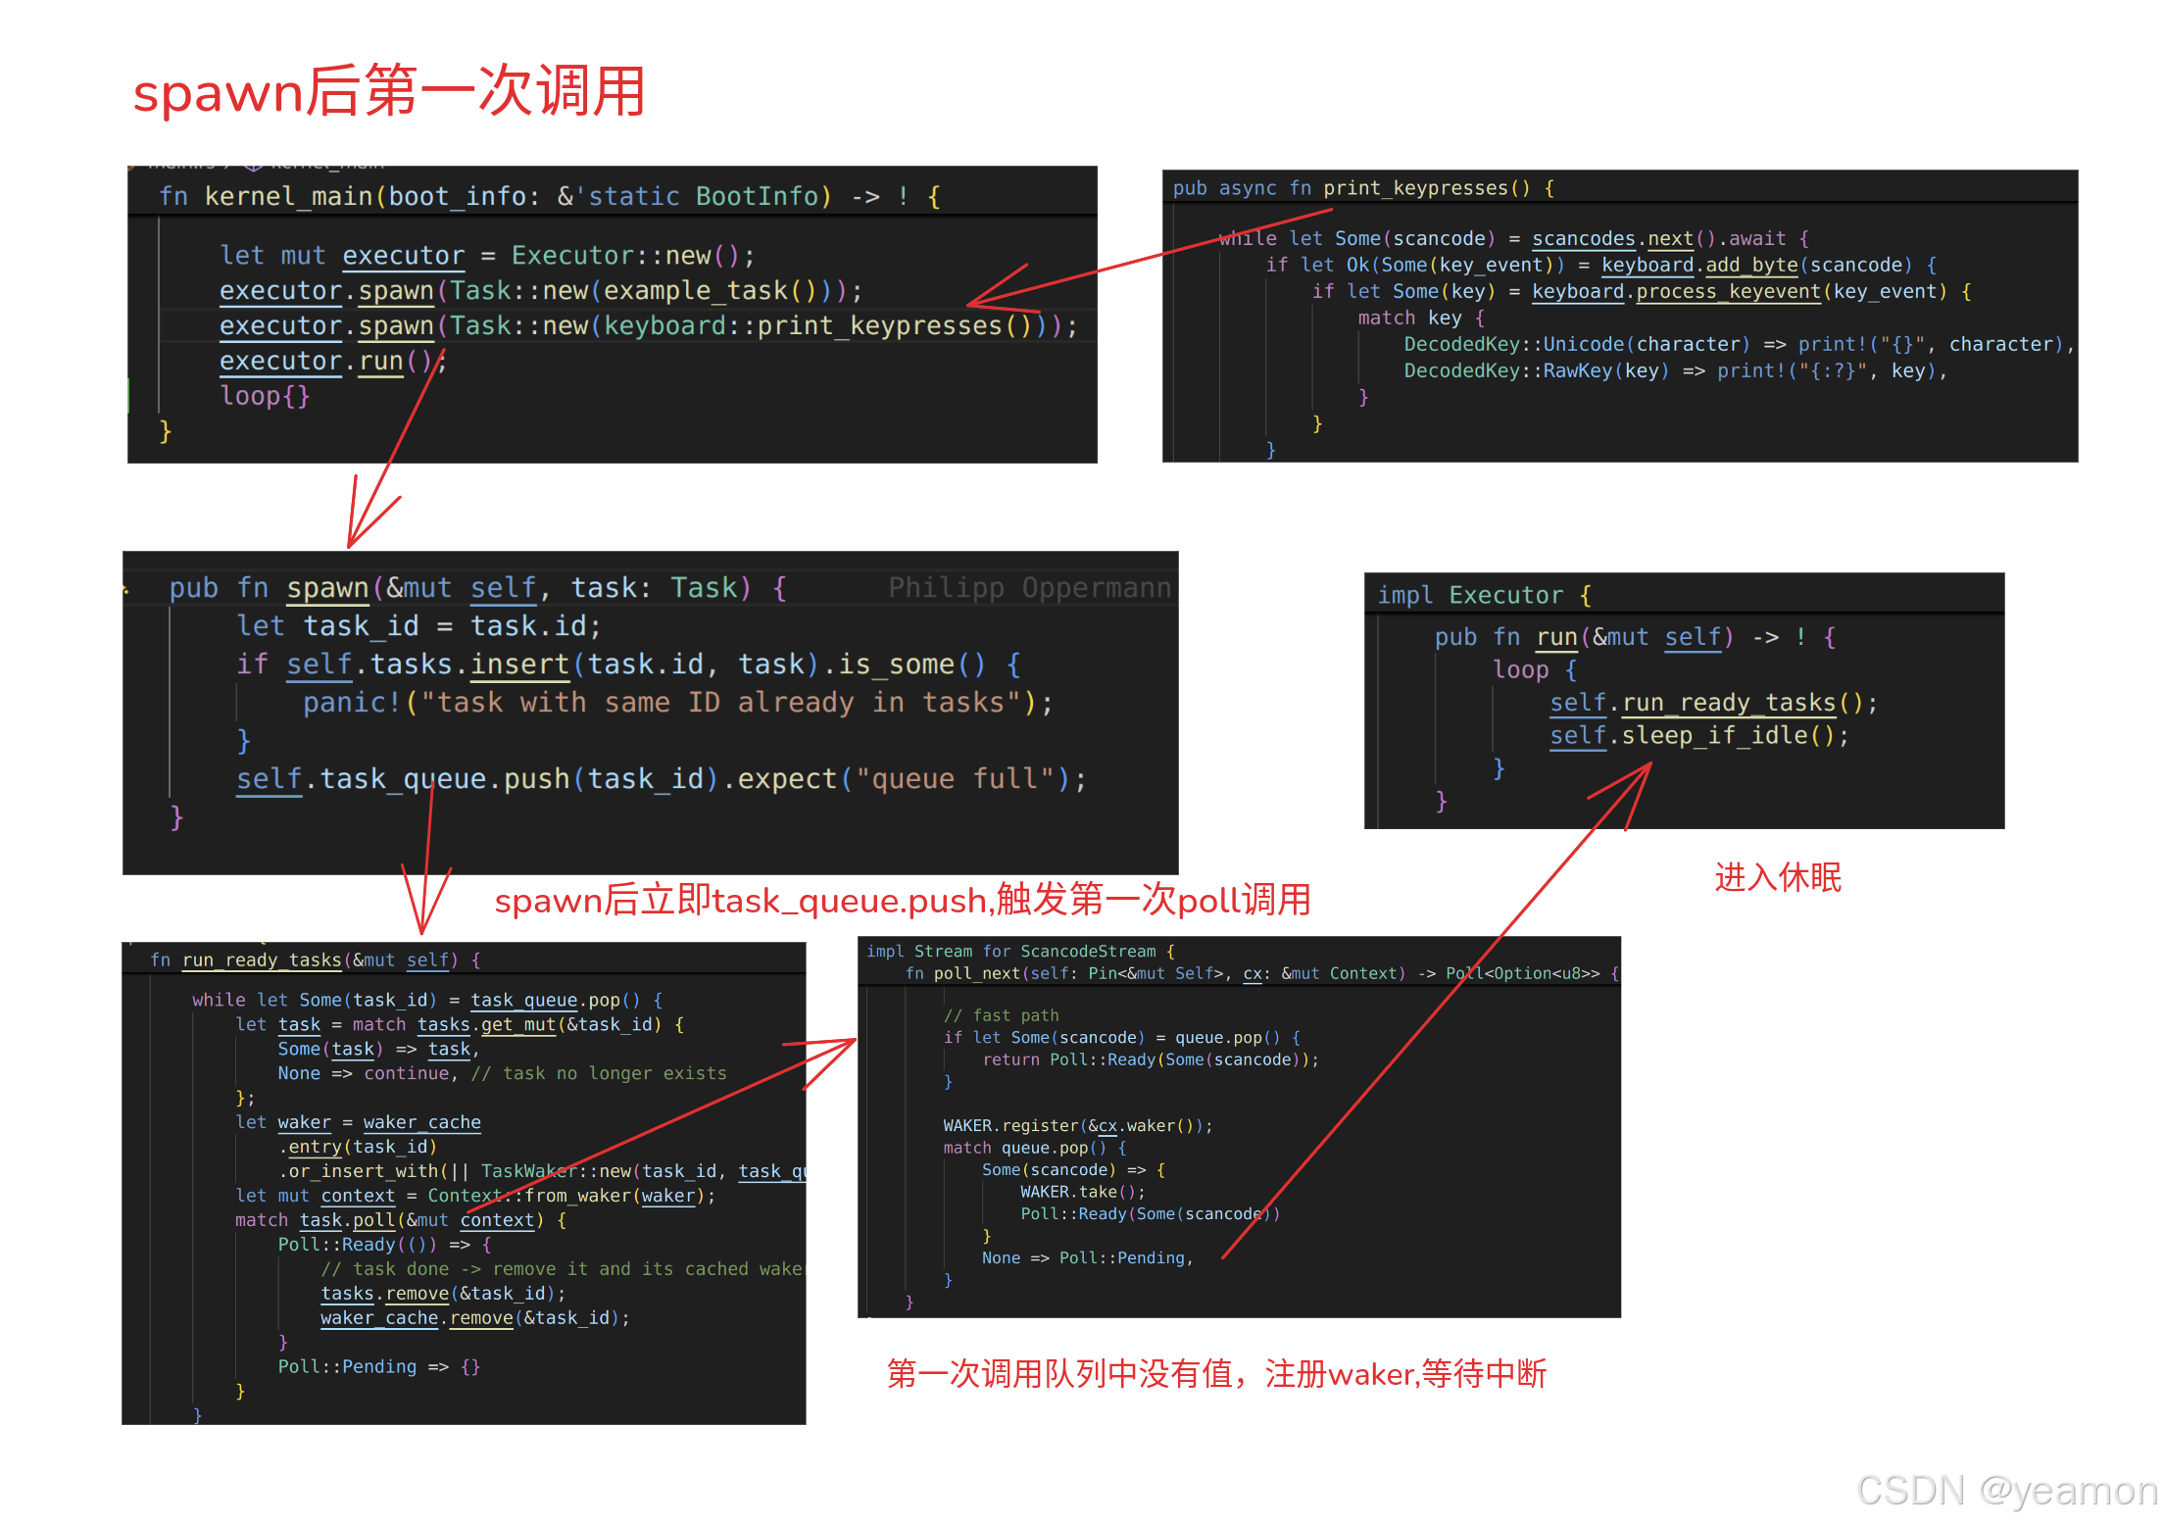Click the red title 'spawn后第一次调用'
(x=389, y=92)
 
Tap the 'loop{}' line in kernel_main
(x=265, y=396)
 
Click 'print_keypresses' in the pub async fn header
(x=1417, y=188)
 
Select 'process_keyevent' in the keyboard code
(x=1728, y=291)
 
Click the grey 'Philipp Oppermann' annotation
(x=1029, y=587)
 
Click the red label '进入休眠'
(x=1778, y=877)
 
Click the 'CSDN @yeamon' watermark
(x=2007, y=1491)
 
